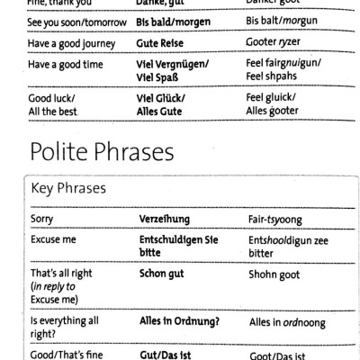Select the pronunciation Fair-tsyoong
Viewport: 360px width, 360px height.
278,219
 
